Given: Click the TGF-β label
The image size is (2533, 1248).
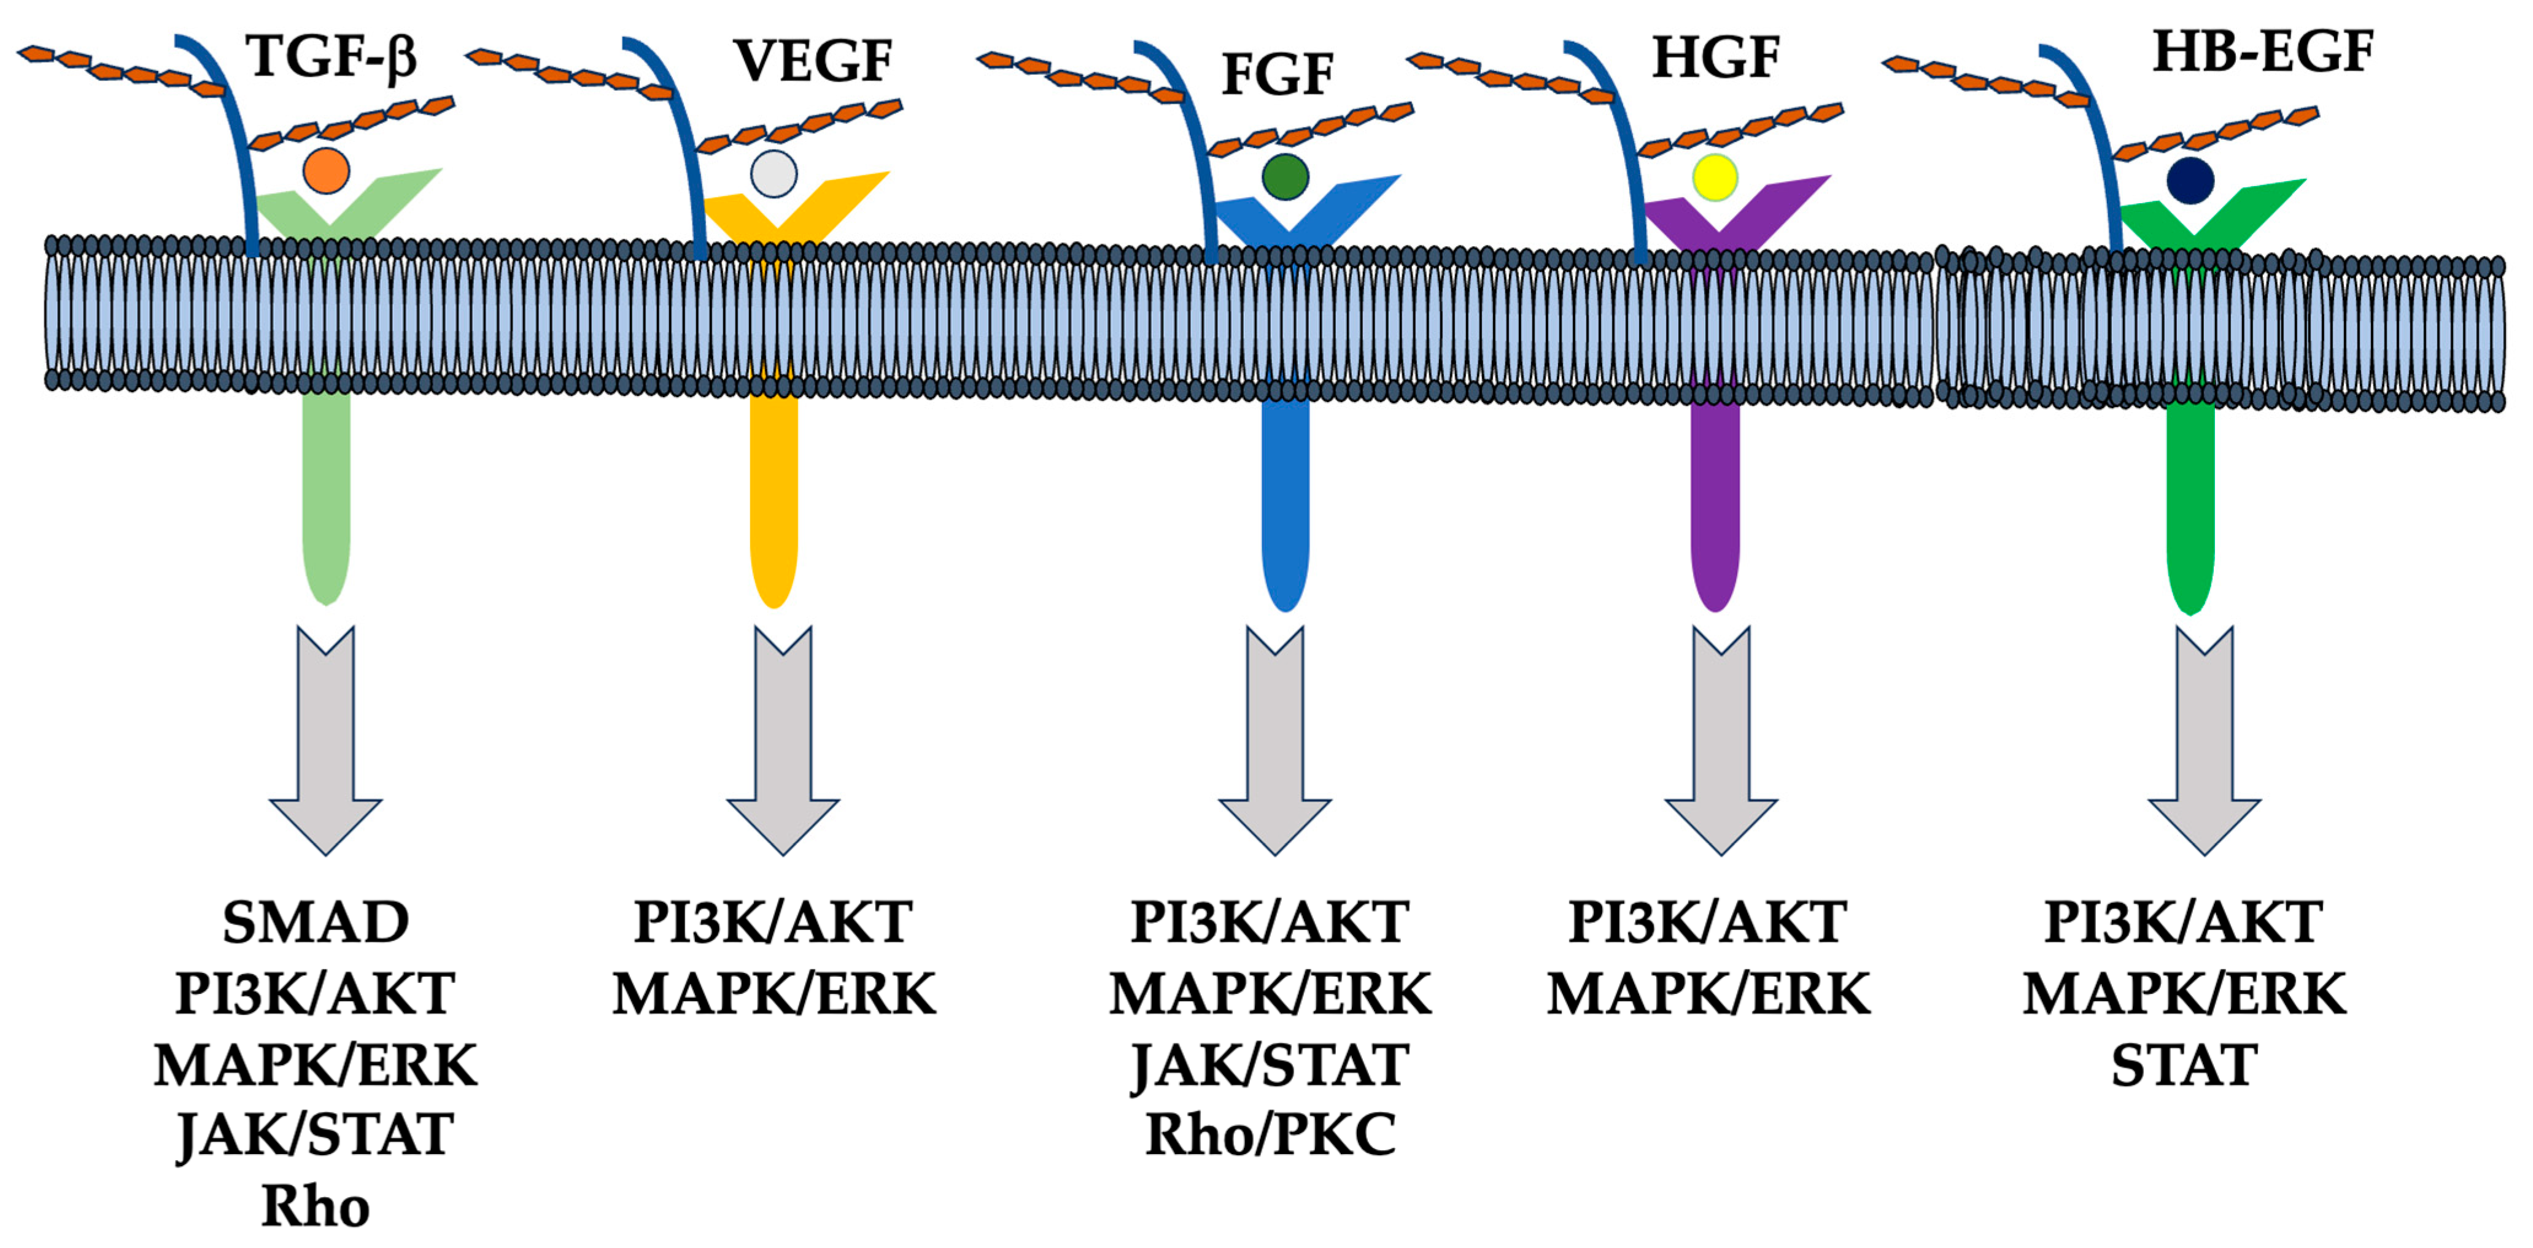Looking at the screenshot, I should (332, 57).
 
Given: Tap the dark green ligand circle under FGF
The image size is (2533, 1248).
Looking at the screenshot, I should (1285, 177).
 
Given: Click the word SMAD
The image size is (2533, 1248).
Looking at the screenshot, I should (316, 923).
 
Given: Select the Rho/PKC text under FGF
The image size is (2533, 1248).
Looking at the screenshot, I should (1270, 1135).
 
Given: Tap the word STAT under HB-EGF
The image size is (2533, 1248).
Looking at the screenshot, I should (2184, 1065).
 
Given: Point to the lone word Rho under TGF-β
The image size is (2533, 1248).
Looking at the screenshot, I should (316, 1207).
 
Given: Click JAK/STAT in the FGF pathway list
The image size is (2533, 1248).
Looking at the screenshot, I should (1270, 1065).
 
